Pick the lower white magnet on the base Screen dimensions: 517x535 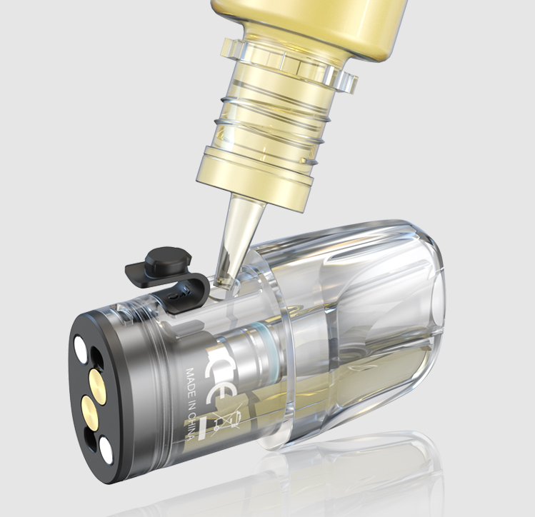coord(108,448)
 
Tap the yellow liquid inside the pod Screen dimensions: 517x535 coord(371,371)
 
